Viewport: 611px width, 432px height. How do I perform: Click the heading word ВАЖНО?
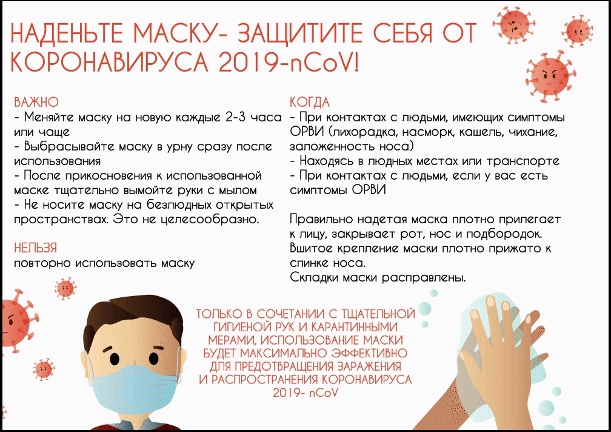click(x=36, y=102)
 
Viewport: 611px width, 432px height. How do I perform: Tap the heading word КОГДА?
click(x=310, y=102)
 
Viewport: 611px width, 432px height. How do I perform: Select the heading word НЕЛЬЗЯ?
click(x=35, y=248)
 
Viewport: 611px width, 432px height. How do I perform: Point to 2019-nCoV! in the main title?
click(x=289, y=62)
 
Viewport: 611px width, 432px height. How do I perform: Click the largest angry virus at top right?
click(x=550, y=76)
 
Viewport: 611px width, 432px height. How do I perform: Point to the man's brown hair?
click(x=133, y=320)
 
